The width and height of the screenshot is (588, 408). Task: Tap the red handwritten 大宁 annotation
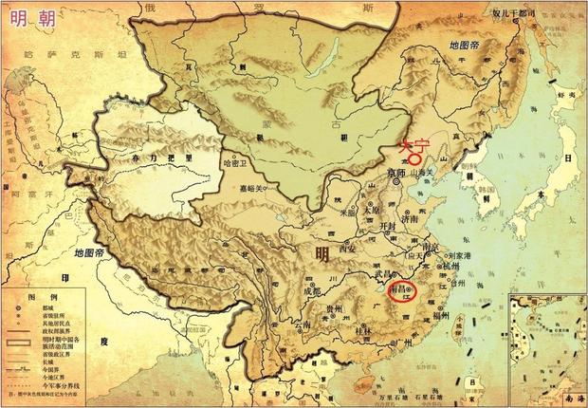[x=409, y=148]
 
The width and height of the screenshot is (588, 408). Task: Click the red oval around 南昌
[x=404, y=289]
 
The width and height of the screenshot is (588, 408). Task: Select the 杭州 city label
[x=457, y=269]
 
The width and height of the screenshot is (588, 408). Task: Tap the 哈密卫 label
[x=233, y=163]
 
